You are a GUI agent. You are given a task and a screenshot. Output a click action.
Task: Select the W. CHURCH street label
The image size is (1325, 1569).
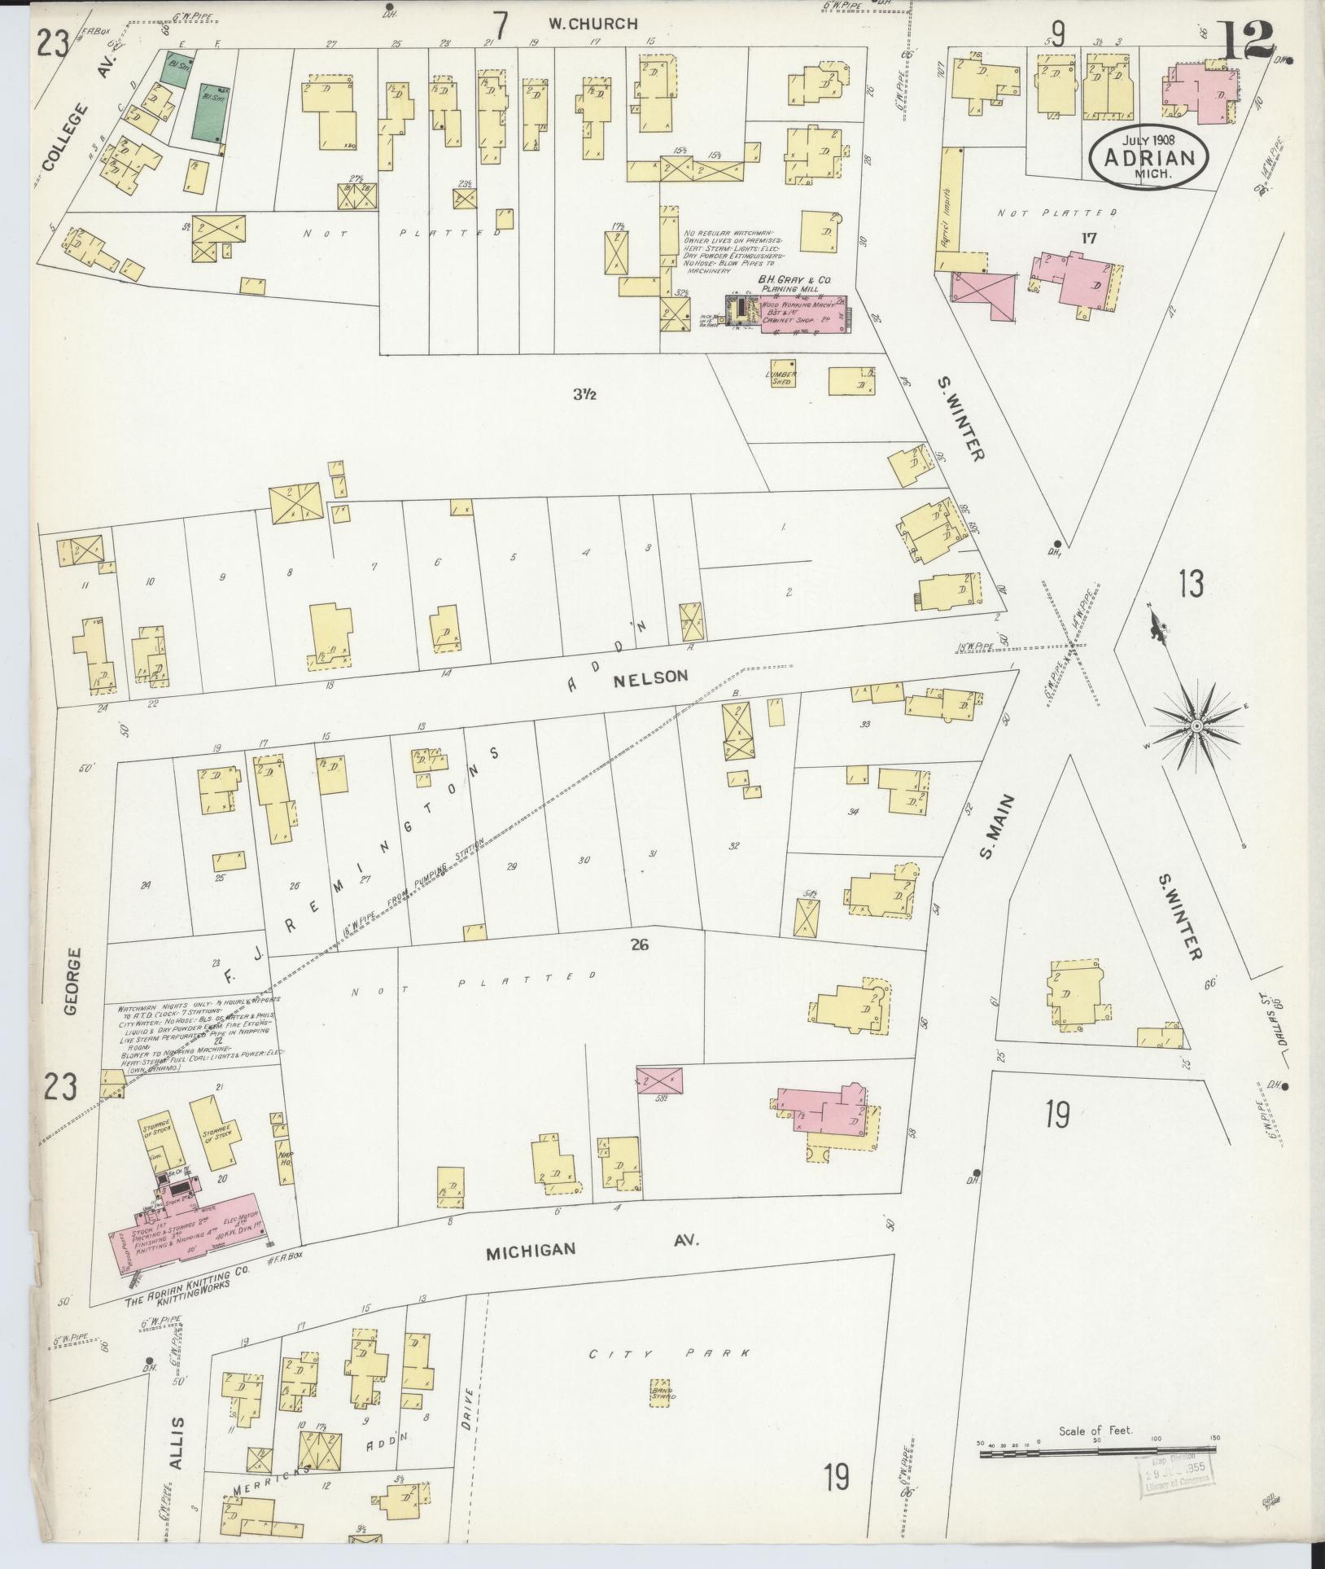(592, 24)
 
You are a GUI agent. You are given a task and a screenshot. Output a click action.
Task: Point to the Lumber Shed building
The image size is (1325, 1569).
(780, 377)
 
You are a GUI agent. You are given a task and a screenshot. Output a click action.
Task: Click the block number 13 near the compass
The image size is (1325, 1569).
(1190, 584)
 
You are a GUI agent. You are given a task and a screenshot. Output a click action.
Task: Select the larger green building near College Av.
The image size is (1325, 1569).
(209, 111)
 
